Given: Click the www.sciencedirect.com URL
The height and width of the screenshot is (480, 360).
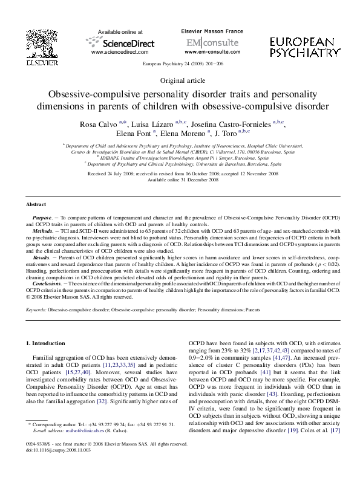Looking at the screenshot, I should coord(119,53).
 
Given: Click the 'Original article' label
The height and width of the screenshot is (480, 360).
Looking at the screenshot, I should coord(180,80).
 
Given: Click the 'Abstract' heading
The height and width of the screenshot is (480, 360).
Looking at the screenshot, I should coord(37,205).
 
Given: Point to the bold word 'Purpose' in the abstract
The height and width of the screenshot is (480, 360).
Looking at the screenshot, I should coord(44,216).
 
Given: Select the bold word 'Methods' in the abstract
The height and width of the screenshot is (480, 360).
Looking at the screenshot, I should coord(45,230).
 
